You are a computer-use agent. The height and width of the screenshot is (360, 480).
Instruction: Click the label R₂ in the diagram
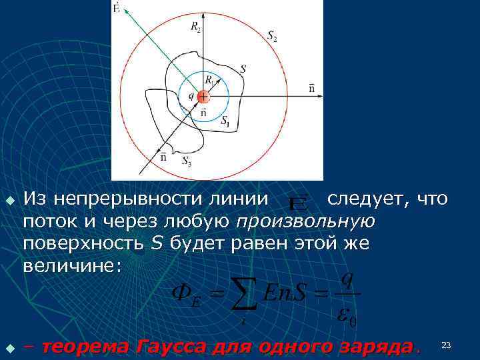(195, 27)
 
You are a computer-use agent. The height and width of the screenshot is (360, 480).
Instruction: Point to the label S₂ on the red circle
(272, 37)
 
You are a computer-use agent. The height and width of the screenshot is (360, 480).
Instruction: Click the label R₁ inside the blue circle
(209, 80)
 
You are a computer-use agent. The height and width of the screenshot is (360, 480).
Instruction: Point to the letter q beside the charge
(192, 95)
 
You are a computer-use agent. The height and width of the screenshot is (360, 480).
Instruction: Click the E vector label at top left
(117, 8)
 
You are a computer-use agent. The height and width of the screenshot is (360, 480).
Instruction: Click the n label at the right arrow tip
(312, 87)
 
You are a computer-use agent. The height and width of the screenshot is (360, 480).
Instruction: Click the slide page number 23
(446, 345)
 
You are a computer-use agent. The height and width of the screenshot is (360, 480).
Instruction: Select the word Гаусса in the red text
(170, 347)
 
